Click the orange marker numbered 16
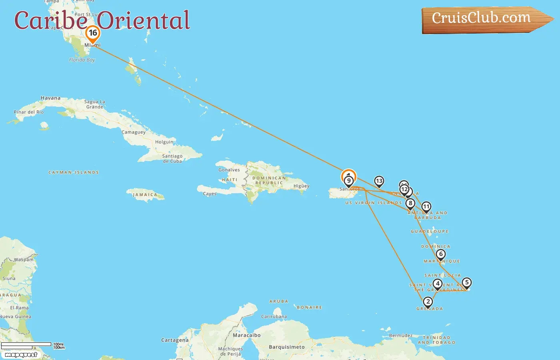coord(93,34)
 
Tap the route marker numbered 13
coord(379,181)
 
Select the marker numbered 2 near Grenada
coord(428,302)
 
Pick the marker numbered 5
coord(466,282)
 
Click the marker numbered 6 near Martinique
coord(441,254)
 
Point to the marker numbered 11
coord(426,207)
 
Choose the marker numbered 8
coord(410,203)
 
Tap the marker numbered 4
coord(438,284)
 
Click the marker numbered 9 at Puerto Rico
coord(349,181)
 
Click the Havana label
coord(50,98)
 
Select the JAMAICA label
coord(145,195)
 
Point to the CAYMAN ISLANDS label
coord(74,172)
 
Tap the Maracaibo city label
coord(246,335)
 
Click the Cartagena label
coord(175,340)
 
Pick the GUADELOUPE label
coord(430,232)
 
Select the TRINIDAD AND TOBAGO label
coord(436,340)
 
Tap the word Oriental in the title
coord(143,21)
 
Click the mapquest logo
coord(21,354)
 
